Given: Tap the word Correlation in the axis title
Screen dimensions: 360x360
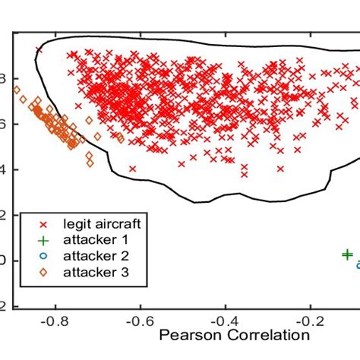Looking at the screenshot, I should point(268,335).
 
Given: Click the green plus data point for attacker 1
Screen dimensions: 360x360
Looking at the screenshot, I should point(346,255).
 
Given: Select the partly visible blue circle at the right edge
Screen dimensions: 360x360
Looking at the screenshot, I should point(358,264).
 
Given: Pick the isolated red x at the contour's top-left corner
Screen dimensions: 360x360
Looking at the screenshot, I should point(39,51).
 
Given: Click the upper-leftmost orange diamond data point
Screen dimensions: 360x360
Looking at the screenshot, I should point(17,90).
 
